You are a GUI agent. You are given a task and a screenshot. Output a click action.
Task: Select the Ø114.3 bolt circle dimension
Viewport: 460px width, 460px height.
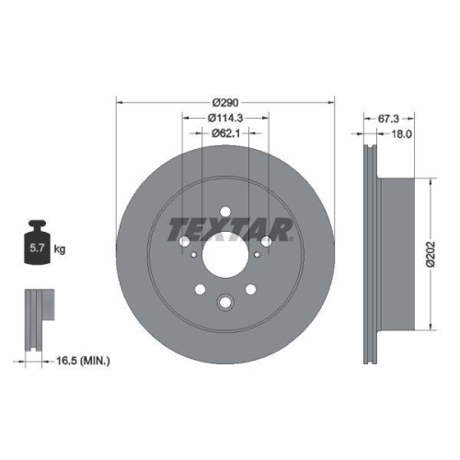point(225,117)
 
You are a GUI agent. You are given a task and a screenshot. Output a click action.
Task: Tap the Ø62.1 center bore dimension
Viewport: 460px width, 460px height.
point(225,133)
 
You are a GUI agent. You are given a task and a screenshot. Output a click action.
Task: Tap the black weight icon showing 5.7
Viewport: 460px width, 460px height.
point(38,243)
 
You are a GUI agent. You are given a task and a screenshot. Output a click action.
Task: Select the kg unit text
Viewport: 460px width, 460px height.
point(61,248)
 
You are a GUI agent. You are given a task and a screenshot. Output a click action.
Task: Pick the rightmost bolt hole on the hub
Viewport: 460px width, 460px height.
point(267,241)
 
